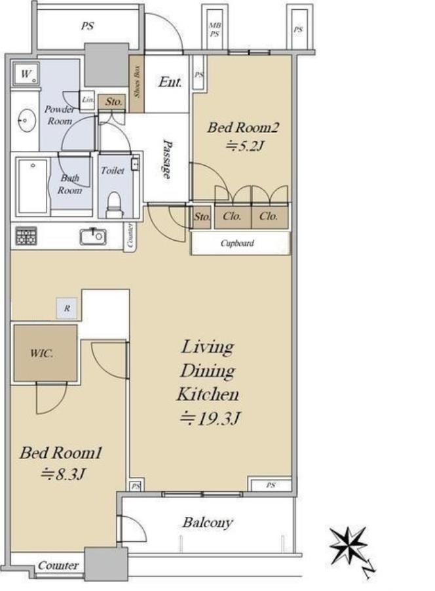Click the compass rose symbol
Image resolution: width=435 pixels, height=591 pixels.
[348, 544]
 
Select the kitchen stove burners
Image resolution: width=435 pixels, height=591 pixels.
[26, 236]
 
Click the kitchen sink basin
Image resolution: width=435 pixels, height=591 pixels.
[92, 236]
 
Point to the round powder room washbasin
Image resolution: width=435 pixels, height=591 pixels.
[27, 121]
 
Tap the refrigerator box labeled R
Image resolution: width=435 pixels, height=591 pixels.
[67, 308]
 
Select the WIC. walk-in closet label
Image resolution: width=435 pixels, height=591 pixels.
[41, 354]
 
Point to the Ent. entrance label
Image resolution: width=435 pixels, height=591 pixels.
[170, 82]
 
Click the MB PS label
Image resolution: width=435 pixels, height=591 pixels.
[214, 30]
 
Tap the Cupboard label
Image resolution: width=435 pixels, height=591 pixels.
[237, 243]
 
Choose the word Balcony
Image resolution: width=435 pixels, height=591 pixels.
[207, 522]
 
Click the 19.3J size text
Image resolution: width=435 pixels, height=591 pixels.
[210, 418]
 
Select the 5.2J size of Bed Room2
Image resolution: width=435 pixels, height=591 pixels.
[244, 145]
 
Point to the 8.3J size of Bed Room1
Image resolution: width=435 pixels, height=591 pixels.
[62, 474]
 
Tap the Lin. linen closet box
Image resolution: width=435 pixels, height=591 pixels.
[87, 100]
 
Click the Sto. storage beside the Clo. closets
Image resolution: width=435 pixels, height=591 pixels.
[202, 216]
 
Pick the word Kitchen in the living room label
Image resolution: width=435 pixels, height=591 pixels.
[208, 394]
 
